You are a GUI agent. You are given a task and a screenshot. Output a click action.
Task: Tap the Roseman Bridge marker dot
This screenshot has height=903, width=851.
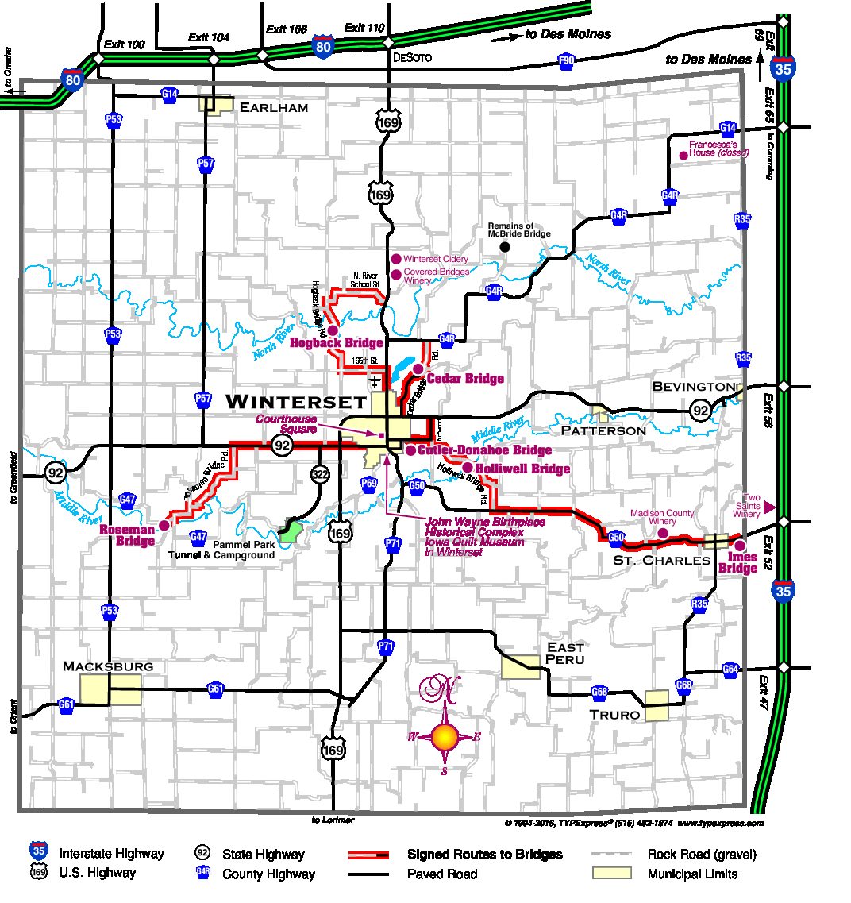point(164,525)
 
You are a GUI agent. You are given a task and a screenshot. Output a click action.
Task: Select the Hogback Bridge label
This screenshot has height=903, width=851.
point(337,343)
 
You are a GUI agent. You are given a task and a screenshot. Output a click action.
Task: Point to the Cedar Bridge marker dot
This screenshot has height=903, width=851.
point(418,369)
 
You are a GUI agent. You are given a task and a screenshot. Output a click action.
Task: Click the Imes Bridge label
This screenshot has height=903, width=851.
point(737,563)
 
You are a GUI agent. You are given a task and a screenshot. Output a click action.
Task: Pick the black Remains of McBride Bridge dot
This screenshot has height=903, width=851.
point(505,247)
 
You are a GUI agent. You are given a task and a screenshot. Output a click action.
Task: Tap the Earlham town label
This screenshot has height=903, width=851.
point(273,107)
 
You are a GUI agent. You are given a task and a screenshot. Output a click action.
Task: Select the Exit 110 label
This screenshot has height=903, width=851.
point(364,28)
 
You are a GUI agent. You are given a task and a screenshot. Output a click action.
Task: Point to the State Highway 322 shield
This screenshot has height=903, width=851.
point(319,475)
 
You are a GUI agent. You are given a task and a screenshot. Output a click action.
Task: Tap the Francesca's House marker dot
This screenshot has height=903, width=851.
point(682,156)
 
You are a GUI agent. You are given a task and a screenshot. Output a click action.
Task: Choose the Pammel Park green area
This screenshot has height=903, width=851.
point(291,531)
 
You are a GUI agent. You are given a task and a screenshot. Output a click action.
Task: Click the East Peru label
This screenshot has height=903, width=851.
point(565,654)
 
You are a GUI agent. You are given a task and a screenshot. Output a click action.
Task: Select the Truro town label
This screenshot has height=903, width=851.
point(614,715)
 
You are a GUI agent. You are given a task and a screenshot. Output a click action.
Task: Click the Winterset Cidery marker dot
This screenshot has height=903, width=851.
point(396,259)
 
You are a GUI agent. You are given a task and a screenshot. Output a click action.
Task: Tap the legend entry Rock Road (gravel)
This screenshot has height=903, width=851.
point(702,855)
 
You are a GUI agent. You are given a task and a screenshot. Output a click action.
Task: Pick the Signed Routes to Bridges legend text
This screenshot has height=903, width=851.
point(484,855)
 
